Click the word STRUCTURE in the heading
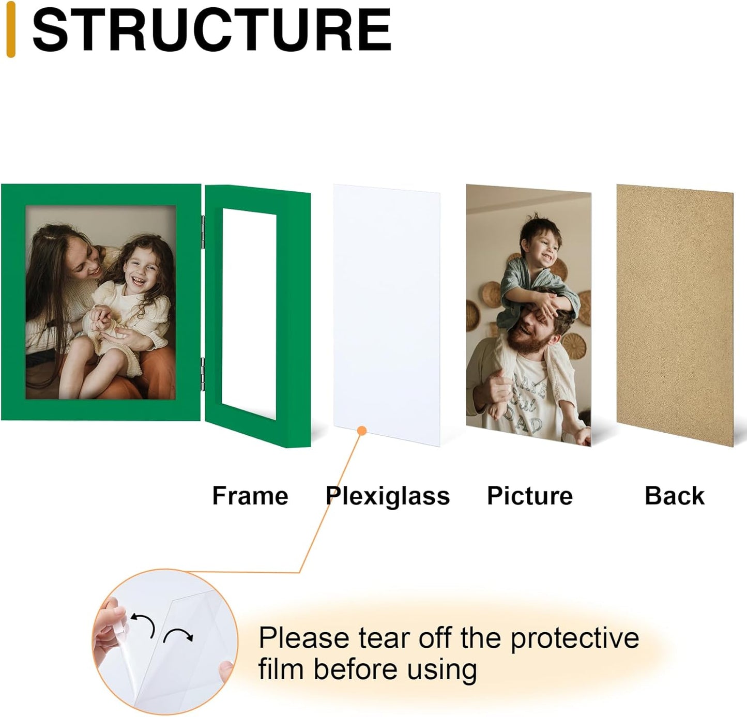click(211, 29)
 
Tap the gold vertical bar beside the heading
click(11, 29)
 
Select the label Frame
click(250, 496)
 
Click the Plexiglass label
click(388, 496)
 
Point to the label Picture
click(530, 496)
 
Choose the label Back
click(675, 496)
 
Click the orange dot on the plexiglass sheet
click(361, 431)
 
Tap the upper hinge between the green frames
click(203, 232)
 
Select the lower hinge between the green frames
click(203, 374)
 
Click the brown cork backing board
click(675, 315)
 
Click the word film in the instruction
click(281, 669)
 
